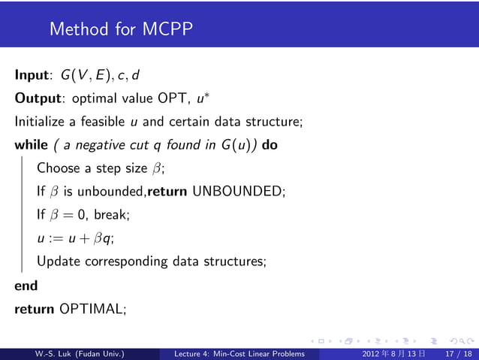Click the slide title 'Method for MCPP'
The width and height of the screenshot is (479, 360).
[x=121, y=29]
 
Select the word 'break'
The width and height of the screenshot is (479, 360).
[x=112, y=214]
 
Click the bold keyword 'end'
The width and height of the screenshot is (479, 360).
[x=26, y=285]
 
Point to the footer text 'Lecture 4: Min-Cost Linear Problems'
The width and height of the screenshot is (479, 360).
[x=239, y=353]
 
